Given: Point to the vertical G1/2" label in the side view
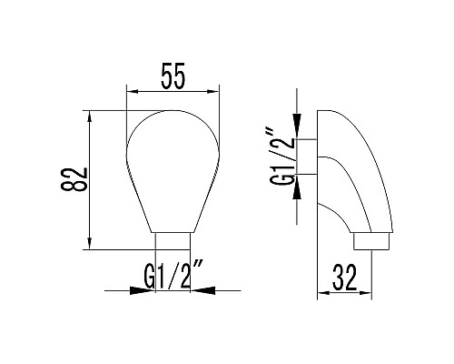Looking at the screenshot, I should coord(281,157).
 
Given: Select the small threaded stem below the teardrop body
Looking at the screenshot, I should coord(173,239).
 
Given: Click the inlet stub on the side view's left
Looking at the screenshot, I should coord(308,157).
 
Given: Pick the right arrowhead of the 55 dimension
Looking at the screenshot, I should coord(215,92).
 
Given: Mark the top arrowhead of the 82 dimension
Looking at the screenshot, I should coord(89,116).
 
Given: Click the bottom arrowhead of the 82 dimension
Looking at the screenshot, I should coord(89,244).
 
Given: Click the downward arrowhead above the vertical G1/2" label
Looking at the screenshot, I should coord(301,134).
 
